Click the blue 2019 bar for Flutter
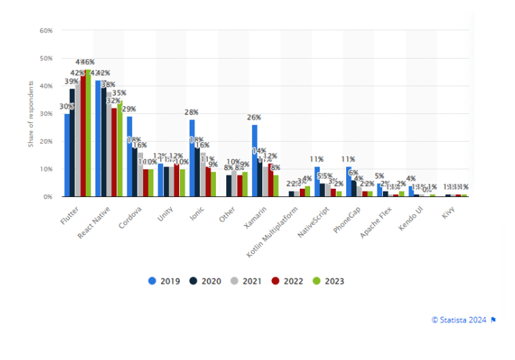[67, 155]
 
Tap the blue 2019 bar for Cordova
[130, 156]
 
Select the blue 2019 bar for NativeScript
[317, 181]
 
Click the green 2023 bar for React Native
[119, 148]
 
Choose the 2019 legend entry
[166, 281]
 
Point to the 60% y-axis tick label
[46, 30]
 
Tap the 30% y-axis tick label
[46, 113]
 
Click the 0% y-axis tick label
[48, 196]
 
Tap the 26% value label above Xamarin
[255, 117]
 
